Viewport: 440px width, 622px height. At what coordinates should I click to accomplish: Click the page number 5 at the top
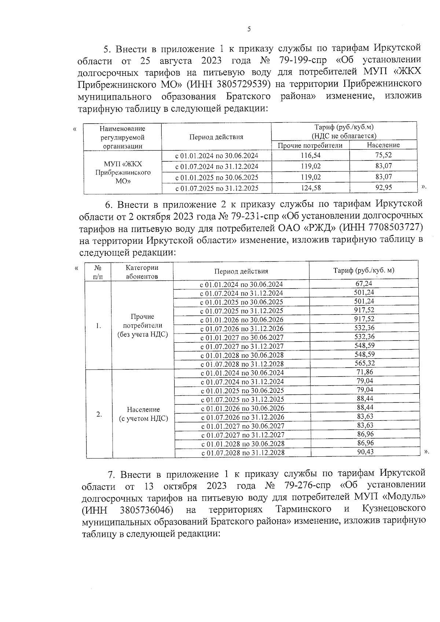pyautogui.click(x=249, y=29)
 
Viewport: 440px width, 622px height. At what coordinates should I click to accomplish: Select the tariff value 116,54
pyautogui.click(x=310, y=155)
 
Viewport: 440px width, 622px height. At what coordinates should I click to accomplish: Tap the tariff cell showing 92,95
pyautogui.click(x=384, y=188)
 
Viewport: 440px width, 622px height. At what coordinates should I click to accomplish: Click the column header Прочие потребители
pyautogui.click(x=310, y=145)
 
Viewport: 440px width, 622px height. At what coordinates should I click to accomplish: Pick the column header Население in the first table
pyautogui.click(x=383, y=145)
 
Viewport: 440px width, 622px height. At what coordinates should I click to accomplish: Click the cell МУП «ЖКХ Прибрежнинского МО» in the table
pyautogui.click(x=123, y=172)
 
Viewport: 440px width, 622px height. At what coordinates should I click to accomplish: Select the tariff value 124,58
pyautogui.click(x=310, y=188)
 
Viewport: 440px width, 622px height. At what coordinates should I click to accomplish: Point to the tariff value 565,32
pyautogui.click(x=364, y=363)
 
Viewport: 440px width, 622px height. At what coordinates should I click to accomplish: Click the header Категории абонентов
pyautogui.click(x=142, y=272)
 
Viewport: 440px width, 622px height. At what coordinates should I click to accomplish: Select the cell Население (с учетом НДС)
pyautogui.click(x=143, y=414)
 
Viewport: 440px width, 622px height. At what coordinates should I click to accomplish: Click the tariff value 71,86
pyautogui.click(x=364, y=372)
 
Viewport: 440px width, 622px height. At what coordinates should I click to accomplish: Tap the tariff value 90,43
pyautogui.click(x=365, y=452)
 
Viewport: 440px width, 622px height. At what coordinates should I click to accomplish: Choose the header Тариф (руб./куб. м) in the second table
pyautogui.click(x=363, y=270)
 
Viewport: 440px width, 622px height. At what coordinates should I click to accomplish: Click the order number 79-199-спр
pyautogui.click(x=303, y=60)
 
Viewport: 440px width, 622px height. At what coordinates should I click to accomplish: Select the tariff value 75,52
pyautogui.click(x=384, y=155)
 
